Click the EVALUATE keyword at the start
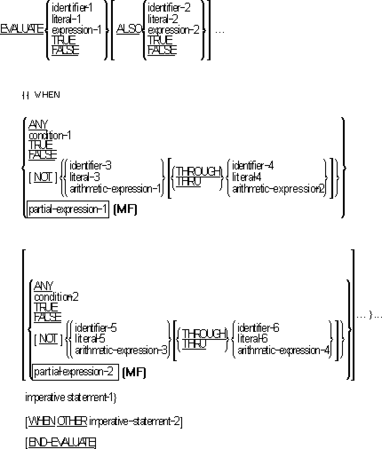click(x=22, y=30)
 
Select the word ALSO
click(x=129, y=30)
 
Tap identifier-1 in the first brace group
click(x=72, y=8)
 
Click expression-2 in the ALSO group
click(x=173, y=30)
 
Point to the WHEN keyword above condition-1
click(x=47, y=95)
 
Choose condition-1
click(x=50, y=135)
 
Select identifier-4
click(x=253, y=166)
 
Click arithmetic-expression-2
click(x=279, y=189)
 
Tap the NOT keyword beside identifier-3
click(x=43, y=177)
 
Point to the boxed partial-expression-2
click(x=74, y=371)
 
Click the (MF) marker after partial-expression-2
click(x=134, y=372)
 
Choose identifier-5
click(x=96, y=328)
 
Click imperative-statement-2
click(x=135, y=421)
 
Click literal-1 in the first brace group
click(x=67, y=19)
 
